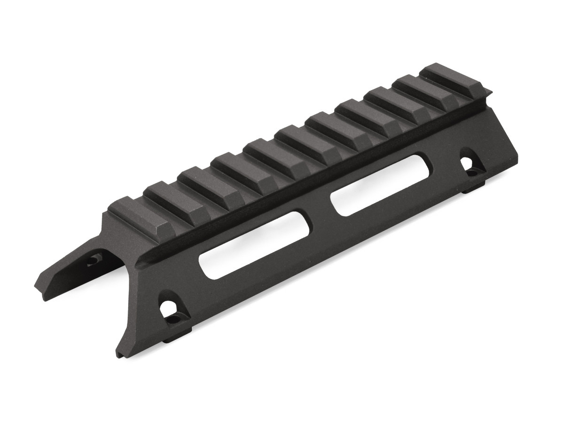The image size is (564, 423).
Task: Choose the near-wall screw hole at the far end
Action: tap(466, 164)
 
